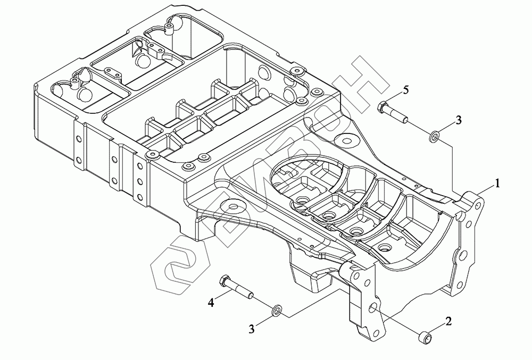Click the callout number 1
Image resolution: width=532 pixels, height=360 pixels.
click(497, 184)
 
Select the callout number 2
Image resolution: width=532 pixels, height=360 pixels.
click(448, 321)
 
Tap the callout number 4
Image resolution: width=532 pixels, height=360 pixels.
click(211, 303)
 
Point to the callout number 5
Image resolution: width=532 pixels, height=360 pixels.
click(406, 90)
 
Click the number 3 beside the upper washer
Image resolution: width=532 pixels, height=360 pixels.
click(459, 120)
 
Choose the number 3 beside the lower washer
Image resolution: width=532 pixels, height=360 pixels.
click(252, 329)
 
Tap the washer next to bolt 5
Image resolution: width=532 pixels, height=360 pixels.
click(434, 136)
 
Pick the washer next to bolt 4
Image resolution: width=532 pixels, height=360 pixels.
click(277, 309)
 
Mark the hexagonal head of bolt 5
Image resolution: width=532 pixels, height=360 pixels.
click(383, 106)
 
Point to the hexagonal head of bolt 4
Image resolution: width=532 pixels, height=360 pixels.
click(225, 280)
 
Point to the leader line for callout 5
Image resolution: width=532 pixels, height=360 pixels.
click(395, 95)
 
